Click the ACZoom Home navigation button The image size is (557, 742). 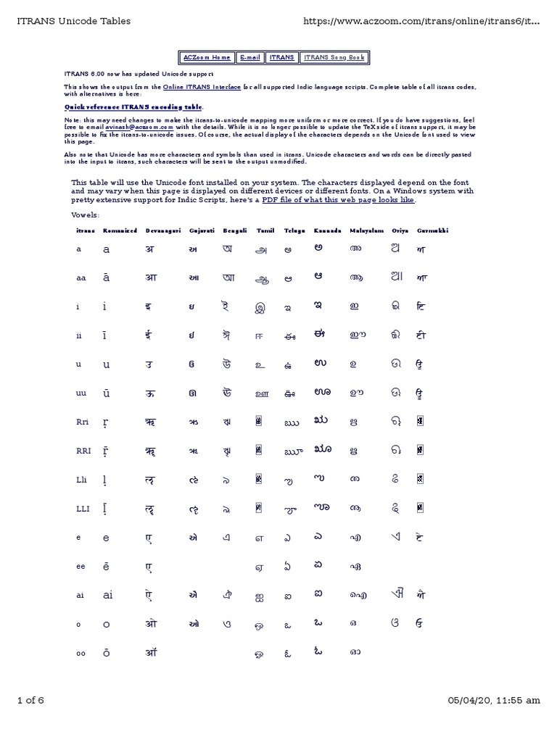[x=207, y=57]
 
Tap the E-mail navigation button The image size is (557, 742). [x=250, y=57]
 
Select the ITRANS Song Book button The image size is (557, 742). [x=334, y=57]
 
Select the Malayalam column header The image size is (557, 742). [x=367, y=230]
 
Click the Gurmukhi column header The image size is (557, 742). [x=432, y=230]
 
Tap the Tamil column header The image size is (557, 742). [x=265, y=230]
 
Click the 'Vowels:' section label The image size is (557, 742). [x=86, y=215]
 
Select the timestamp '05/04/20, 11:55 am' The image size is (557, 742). [x=494, y=700]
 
